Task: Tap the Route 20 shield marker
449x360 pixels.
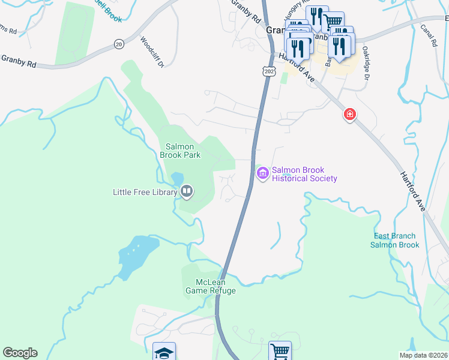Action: [118, 44]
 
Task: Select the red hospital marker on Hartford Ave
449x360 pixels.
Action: [349, 114]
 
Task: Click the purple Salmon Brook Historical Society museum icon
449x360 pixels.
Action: [262, 174]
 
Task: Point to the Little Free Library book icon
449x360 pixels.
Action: [187, 192]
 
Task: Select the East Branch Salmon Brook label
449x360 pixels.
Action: [394, 241]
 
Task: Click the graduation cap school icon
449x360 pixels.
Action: [164, 352]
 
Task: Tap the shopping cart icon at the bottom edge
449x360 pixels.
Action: [279, 350]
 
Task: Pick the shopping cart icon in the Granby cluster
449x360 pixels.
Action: [333, 22]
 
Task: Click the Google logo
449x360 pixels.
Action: [20, 353]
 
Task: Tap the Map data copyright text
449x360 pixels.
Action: [423, 355]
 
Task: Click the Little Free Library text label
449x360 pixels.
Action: [145, 192]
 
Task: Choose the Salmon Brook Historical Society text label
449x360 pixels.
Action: [304, 174]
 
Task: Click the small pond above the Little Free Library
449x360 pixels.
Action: [177, 179]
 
